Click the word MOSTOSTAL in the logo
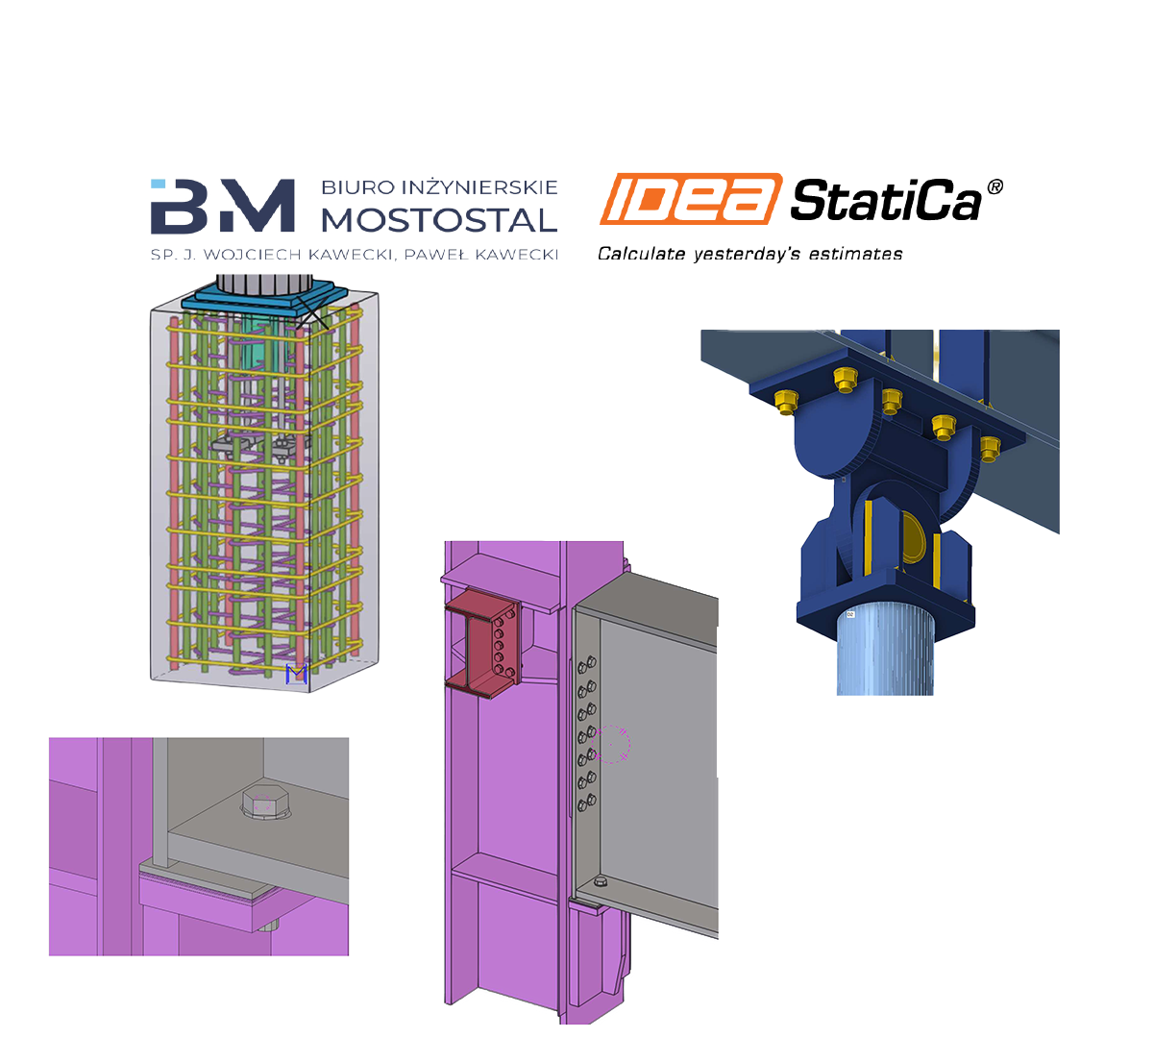click(x=439, y=220)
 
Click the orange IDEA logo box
click(x=691, y=199)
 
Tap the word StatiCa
click(x=886, y=200)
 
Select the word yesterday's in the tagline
click(x=747, y=254)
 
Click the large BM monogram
click(x=223, y=206)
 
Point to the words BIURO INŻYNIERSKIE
click(x=439, y=187)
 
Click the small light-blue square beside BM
click(x=158, y=184)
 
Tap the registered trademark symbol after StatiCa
click(x=994, y=186)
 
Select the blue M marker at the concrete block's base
click(x=297, y=674)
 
